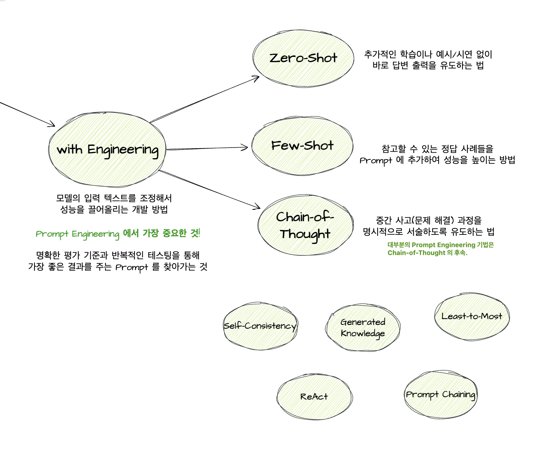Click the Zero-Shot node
(303, 58)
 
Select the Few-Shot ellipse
(302, 146)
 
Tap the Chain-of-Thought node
(305, 225)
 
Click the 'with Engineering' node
(107, 150)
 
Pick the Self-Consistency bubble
(260, 326)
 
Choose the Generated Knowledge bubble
(363, 327)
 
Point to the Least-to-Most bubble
(472, 316)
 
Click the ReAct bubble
(314, 396)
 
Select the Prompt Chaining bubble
(440, 394)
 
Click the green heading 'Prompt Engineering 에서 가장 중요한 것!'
(118, 233)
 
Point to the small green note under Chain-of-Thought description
(440, 249)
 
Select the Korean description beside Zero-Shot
(428, 60)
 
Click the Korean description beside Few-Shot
(437, 154)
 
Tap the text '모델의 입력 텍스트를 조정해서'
(114, 198)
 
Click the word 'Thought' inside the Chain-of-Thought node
(305, 234)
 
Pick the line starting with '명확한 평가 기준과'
(118, 255)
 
